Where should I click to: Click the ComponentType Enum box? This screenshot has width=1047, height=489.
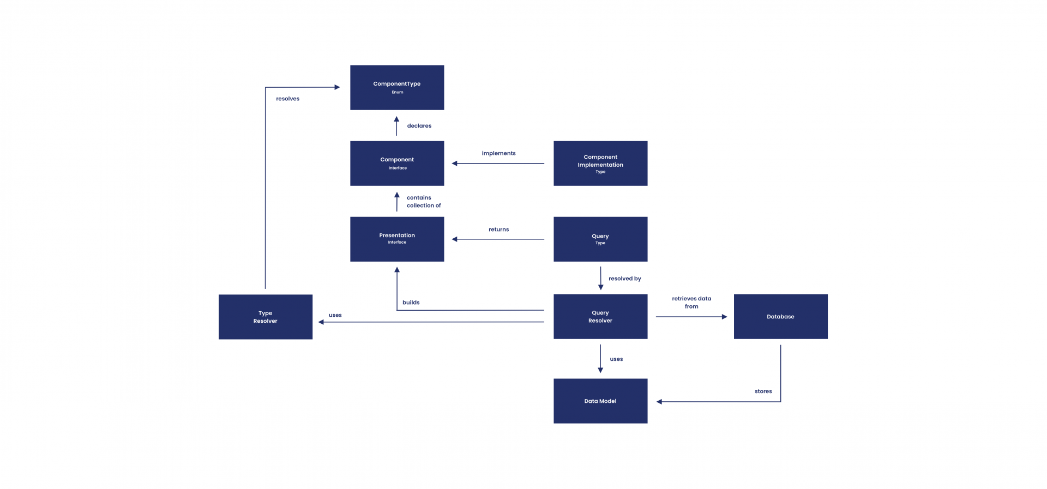coord(397,87)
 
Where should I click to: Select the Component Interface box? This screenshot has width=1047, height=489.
coord(397,163)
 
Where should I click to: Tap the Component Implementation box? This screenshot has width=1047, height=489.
coord(600,163)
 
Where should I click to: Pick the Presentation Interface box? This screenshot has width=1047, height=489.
coord(397,239)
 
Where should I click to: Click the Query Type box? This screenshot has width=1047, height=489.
coord(600,239)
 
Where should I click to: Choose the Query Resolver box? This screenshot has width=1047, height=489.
coord(600,316)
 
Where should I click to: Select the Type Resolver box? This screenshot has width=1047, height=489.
coord(266,317)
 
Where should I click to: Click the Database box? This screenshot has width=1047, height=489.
coord(780,316)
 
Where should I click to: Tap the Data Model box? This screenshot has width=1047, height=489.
coord(600,401)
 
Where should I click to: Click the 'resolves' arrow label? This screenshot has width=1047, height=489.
coord(287,99)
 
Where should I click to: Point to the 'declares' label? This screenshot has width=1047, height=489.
coord(419,126)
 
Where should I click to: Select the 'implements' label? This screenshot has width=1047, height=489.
coord(498,153)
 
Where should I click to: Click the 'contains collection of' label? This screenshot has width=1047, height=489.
coord(423,202)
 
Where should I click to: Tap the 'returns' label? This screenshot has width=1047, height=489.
coord(498,230)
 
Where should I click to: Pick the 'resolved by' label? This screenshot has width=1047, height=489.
coord(624,279)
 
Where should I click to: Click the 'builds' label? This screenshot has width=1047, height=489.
coord(411,303)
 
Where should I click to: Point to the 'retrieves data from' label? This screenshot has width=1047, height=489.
coord(691,303)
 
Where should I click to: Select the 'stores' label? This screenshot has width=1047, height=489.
coord(763,391)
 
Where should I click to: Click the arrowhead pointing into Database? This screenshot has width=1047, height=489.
coord(724,317)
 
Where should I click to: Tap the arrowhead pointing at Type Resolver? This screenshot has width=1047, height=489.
coord(321,322)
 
